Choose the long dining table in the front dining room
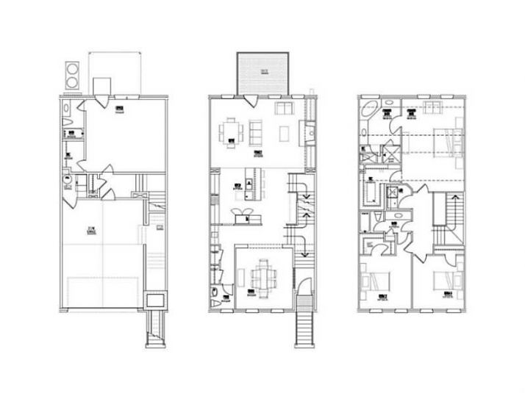click(262, 277)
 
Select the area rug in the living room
click(283, 134)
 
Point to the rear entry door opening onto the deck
click(251, 100)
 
